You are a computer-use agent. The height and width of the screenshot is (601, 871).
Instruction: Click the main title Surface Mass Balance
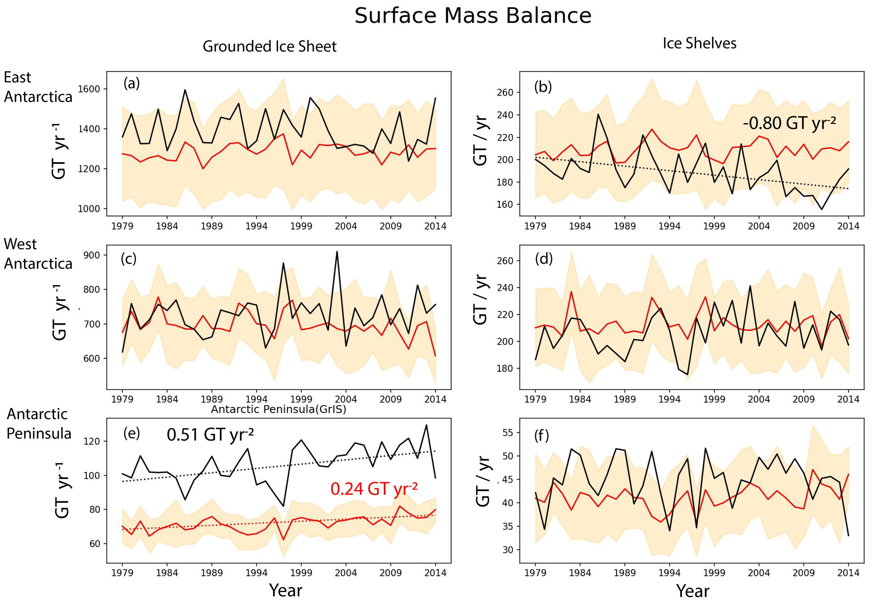(472, 16)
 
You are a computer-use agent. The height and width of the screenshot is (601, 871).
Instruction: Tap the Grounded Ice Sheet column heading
(269, 46)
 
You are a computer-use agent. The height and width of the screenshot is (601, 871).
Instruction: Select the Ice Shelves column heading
(699, 43)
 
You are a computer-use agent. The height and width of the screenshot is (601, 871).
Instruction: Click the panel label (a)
(131, 83)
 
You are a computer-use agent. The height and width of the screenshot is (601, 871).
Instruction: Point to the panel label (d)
(544, 259)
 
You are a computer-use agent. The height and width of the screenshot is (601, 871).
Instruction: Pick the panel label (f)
(542, 436)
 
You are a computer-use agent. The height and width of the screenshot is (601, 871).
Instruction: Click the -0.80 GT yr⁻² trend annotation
(789, 123)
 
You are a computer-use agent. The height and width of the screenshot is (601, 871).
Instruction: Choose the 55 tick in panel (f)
(508, 433)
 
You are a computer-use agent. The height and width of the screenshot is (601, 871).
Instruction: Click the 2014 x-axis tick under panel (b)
(848, 226)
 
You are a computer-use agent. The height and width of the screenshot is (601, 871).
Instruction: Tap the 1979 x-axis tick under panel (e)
(122, 573)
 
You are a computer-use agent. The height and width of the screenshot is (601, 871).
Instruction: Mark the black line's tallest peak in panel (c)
(337, 252)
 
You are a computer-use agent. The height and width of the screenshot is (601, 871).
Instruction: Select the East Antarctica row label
(38, 87)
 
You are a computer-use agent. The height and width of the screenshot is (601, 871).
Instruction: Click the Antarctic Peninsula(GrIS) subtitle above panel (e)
(278, 409)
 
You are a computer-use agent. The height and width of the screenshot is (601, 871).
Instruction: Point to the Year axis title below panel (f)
(692, 591)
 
